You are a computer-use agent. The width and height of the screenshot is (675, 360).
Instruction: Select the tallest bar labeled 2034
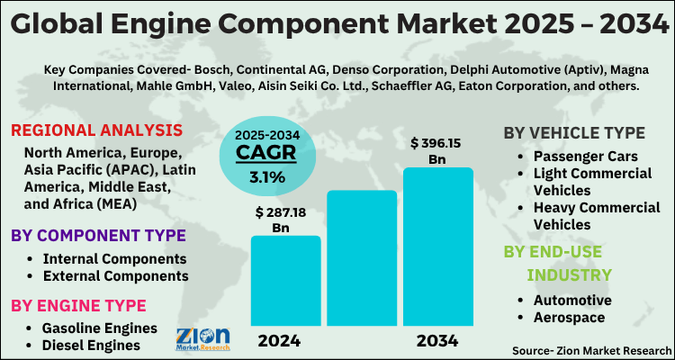[x=437, y=247]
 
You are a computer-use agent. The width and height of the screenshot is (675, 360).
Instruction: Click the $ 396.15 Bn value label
[x=440, y=150]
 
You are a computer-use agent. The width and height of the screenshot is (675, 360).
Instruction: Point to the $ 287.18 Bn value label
[x=285, y=220]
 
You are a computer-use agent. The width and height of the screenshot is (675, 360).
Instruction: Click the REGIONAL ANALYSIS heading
[x=96, y=130]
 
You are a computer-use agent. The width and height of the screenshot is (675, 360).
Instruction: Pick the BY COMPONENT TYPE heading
[x=98, y=236]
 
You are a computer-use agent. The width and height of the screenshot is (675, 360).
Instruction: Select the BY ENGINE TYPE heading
[x=78, y=306]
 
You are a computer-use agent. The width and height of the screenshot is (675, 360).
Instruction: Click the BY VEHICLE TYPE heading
[x=573, y=133]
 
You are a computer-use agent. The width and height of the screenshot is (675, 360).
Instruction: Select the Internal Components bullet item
[x=108, y=258]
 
